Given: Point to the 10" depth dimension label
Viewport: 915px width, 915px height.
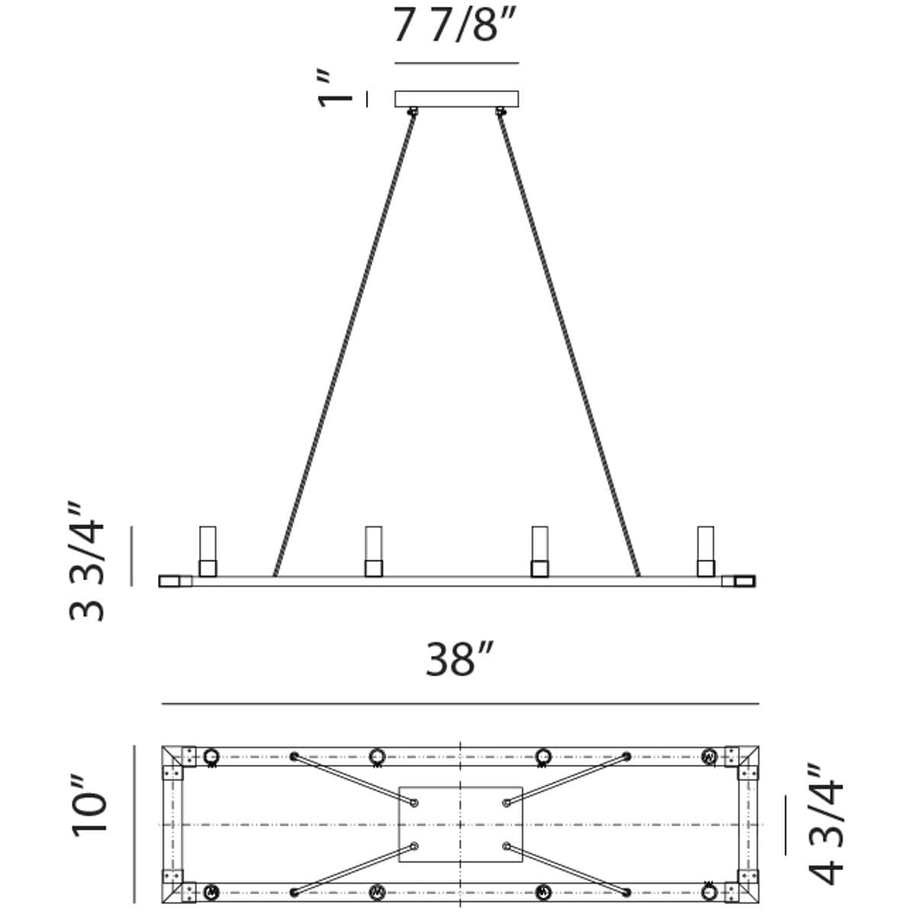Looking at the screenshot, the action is tap(90, 812).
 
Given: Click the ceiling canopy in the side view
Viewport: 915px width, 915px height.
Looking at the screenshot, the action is tap(456, 99).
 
